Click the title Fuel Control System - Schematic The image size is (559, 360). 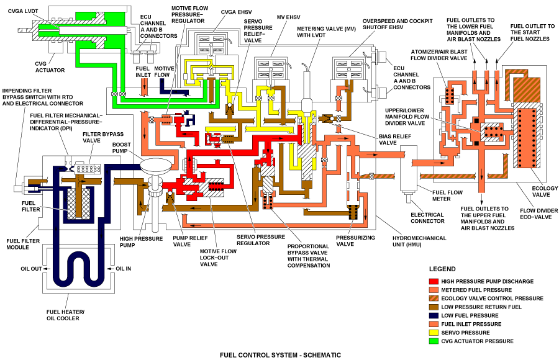point(281,355)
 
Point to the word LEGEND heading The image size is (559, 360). point(443,269)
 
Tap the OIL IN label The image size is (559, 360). point(125,269)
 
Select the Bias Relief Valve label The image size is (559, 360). point(388,139)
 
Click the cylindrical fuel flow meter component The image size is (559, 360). point(411,171)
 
